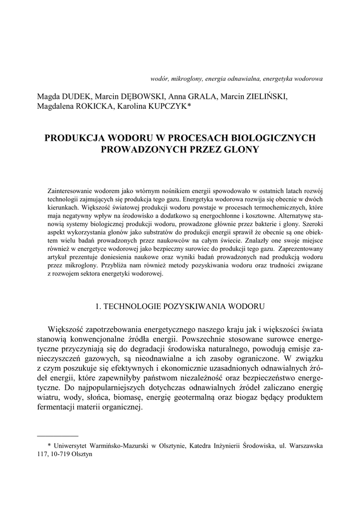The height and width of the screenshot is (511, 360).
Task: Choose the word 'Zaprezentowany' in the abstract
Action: tap(300, 248)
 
